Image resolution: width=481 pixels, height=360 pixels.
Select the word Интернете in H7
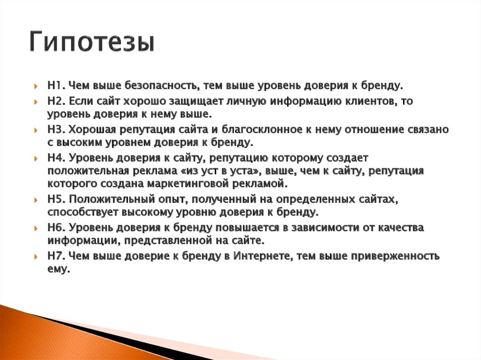coord(267,256)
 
